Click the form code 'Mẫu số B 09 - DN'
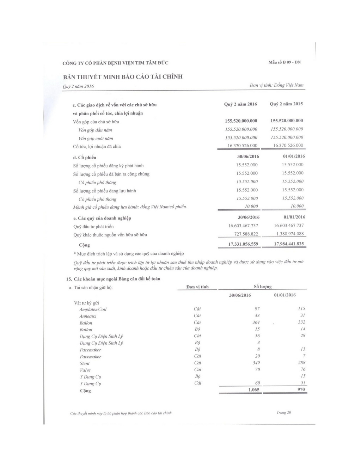pyautogui.click(x=284, y=62)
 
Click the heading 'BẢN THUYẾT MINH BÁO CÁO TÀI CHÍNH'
pyautogui.click(x=123, y=77)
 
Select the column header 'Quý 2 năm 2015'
pyautogui.click(x=286, y=104)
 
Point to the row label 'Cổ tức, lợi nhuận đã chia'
pyautogui.click(x=97, y=147)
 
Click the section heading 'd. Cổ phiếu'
pyautogui.click(x=85, y=158)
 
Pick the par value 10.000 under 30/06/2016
pyautogui.click(x=251, y=206)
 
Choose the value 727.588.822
pyautogui.click(x=246, y=234)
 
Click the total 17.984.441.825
pyautogui.click(x=289, y=244)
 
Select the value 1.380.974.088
pyautogui.click(x=290, y=234)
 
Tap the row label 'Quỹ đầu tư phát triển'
pyautogui.click(x=93, y=227)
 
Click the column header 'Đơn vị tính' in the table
pyautogui.click(x=197, y=287)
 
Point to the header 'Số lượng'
pyautogui.click(x=263, y=287)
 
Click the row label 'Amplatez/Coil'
pyautogui.click(x=93, y=309)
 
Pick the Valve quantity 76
pyautogui.click(x=303, y=369)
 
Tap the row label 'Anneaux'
pyautogui.click(x=88, y=316)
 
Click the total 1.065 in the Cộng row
pyautogui.click(x=253, y=390)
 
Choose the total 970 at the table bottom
pyautogui.click(x=301, y=389)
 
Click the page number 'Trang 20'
pyautogui.click(x=283, y=412)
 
